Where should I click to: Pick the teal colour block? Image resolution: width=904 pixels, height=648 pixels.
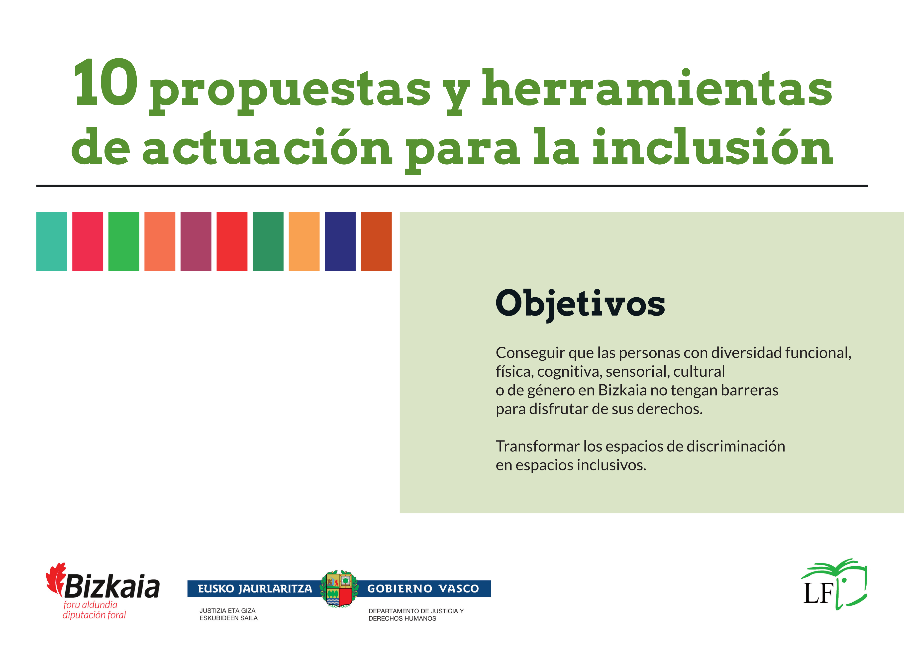52,242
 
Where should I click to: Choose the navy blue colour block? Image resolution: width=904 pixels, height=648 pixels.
340,242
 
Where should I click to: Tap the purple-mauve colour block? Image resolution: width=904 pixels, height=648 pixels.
196,242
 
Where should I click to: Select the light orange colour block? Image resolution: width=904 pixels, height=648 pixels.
304,242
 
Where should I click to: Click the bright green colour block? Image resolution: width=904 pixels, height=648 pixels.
124,242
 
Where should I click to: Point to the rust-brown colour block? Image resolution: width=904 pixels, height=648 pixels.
376,242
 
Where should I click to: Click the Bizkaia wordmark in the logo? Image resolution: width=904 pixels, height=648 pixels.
112,587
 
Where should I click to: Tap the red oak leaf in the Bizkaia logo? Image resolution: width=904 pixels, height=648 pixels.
56,579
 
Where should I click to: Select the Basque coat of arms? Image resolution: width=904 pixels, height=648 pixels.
339,589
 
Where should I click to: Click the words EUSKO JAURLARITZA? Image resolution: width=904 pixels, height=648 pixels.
255,589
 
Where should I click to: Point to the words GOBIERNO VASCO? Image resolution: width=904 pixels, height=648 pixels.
423,589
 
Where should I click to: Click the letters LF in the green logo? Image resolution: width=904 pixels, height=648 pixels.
818,593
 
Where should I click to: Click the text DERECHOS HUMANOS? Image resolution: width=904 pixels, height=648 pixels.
402,619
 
